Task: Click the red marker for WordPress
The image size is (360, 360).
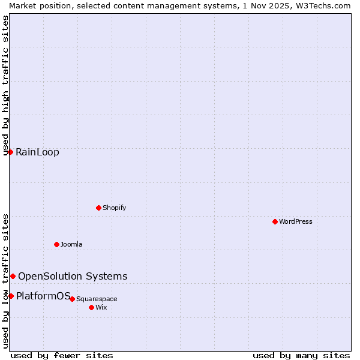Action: pyautogui.click(x=275, y=221)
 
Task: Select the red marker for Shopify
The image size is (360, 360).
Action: pyautogui.click(x=98, y=208)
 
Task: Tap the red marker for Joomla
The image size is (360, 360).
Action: pyautogui.click(x=56, y=244)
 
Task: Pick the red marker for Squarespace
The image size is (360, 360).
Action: pyautogui.click(x=72, y=299)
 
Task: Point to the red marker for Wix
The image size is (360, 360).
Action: pyautogui.click(x=91, y=307)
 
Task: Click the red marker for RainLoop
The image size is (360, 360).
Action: pyautogui.click(x=10, y=152)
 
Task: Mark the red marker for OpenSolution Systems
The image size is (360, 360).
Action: pyautogui.click(x=13, y=276)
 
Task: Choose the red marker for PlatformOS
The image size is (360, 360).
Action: pyautogui.click(x=11, y=296)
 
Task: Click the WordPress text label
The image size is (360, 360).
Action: pyautogui.click(x=296, y=221)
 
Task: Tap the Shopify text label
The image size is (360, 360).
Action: pyautogui.click(x=114, y=208)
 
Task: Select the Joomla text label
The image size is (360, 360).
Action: pyautogui.click(x=71, y=244)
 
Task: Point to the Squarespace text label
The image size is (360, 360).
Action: pyautogui.click(x=97, y=299)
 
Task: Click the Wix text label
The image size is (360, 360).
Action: pyautogui.click(x=101, y=307)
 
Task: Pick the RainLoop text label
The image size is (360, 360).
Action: pyautogui.click(x=37, y=152)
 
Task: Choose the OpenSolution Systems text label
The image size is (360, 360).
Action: pyautogui.click(x=73, y=277)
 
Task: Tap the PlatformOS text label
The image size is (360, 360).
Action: pyautogui.click(x=43, y=296)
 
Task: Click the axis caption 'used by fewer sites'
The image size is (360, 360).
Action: pyautogui.click(x=62, y=355)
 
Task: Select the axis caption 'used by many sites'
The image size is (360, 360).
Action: pyautogui.click(x=301, y=355)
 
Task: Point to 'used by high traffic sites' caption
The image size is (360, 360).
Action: pyautogui.click(x=6, y=85)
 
